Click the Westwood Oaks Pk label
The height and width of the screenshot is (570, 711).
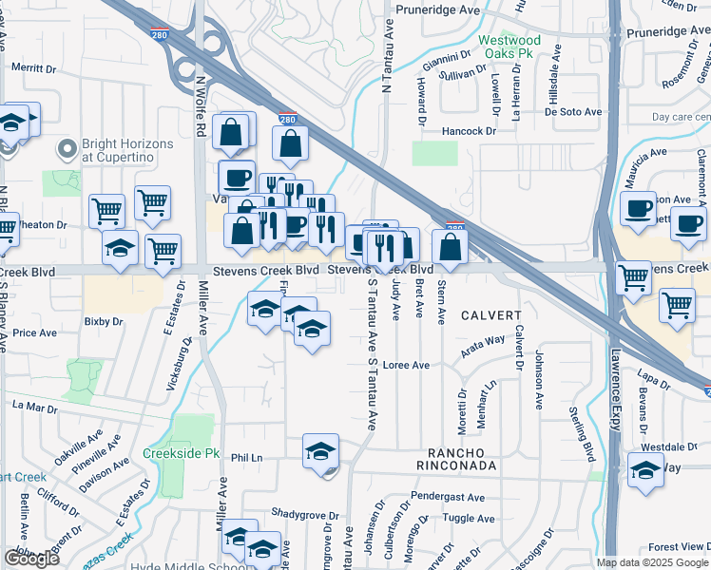(x=509, y=47)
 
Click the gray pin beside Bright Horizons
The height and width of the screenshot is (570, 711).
(x=67, y=149)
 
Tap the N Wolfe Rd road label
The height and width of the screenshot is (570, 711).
(x=202, y=104)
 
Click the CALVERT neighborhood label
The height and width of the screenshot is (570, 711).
(x=492, y=315)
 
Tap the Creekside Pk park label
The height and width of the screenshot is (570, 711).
(x=182, y=454)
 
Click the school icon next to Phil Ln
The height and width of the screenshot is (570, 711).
(x=321, y=451)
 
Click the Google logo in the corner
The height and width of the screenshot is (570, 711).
(x=31, y=559)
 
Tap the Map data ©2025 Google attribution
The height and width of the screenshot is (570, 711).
(x=652, y=562)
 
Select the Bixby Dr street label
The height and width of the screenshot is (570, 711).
(x=104, y=322)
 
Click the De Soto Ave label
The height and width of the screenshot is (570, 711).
(x=573, y=111)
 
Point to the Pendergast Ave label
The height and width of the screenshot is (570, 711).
(x=453, y=497)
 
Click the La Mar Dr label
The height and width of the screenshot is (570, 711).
(x=35, y=406)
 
